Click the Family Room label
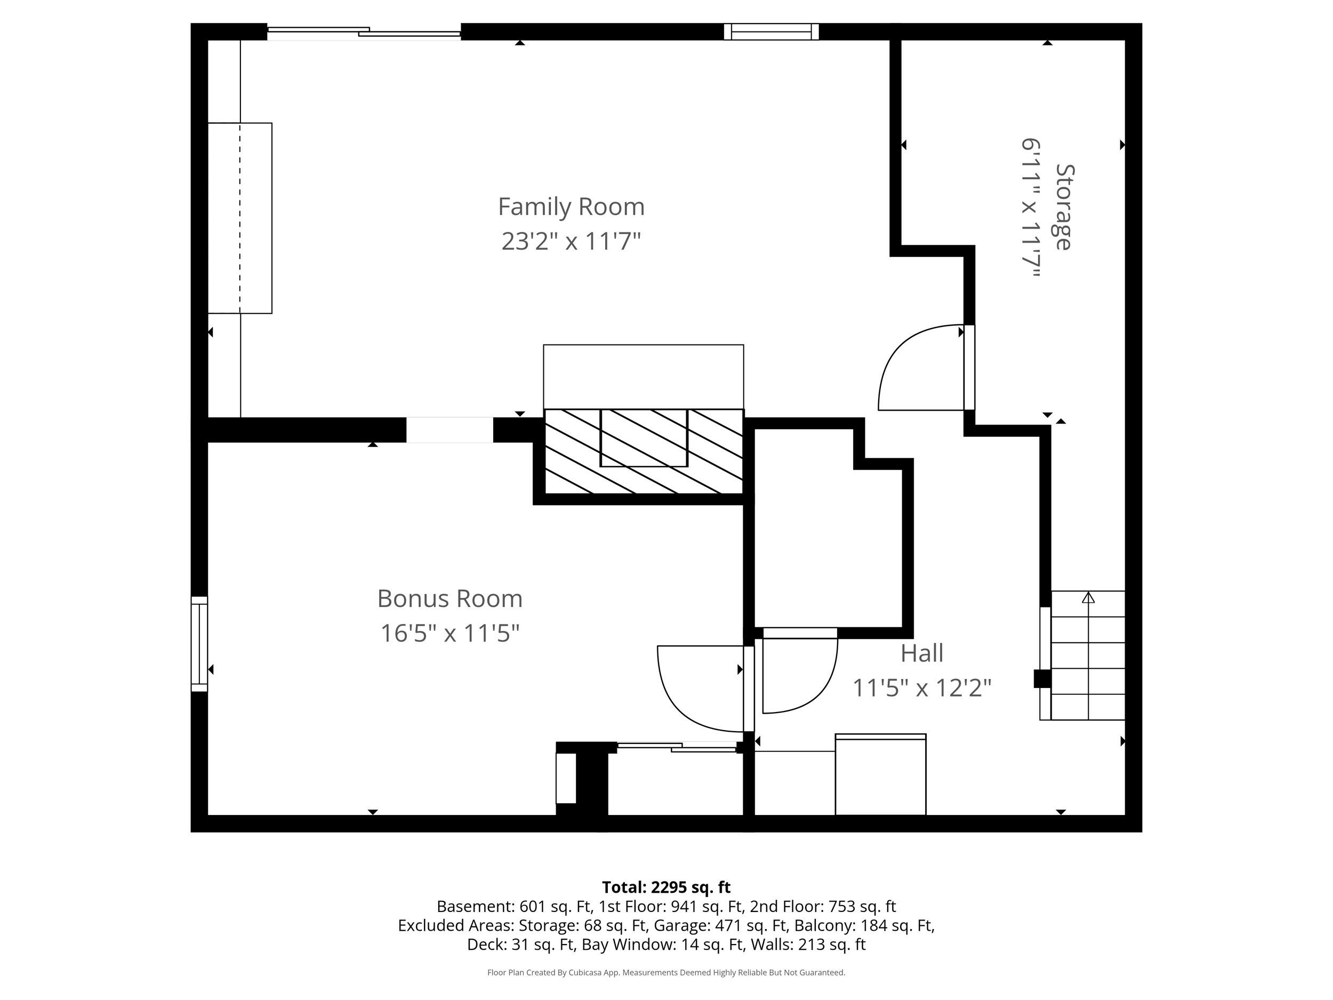571,207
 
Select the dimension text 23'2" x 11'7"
571,241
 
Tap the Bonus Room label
449,598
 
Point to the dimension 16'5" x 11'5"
449,633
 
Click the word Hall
922,653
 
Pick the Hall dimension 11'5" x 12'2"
922,687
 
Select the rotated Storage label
1064,207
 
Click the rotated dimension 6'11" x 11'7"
1031,208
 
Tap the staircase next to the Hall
1088,655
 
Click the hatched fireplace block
644,452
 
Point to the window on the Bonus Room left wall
199,644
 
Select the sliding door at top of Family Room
364,33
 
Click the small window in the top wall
772,31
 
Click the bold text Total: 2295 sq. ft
666,887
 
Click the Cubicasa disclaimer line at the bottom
666,972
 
